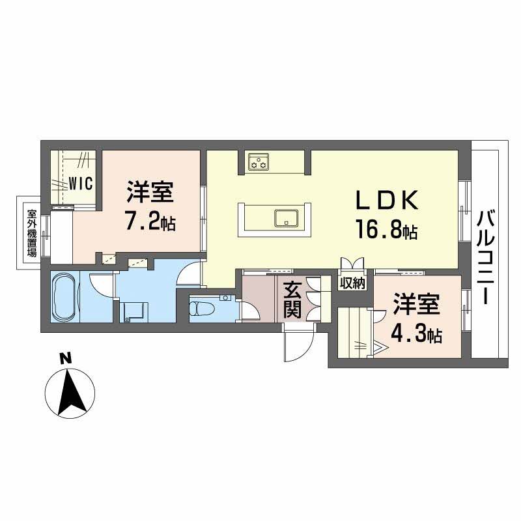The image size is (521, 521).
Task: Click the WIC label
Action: pos(80,183)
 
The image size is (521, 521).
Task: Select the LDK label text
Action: pos(387,201)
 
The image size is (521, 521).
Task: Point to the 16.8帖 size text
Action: pos(387,229)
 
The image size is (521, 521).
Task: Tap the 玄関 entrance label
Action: pos(292,300)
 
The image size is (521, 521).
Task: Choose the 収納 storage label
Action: pos(352,283)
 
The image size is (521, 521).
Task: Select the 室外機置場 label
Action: pos(31,233)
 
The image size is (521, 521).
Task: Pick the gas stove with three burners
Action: pos(259,162)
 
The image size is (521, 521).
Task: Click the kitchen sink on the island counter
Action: pos(286,218)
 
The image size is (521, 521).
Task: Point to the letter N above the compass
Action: pos(66,359)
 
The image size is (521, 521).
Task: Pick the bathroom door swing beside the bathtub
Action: pos(102,286)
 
